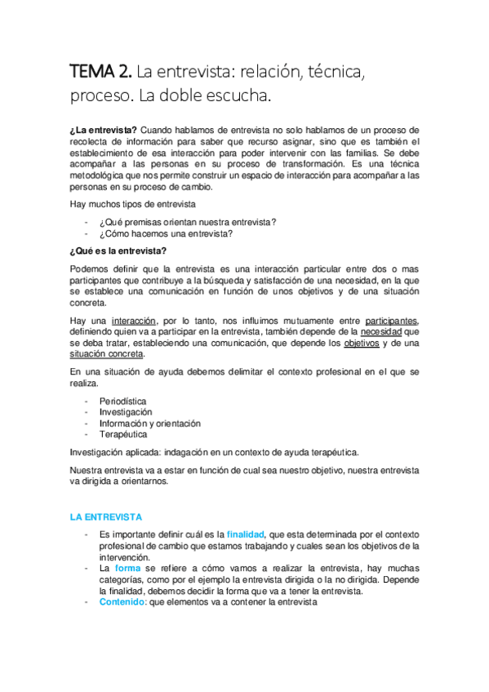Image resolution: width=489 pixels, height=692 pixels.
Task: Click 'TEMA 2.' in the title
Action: (98, 73)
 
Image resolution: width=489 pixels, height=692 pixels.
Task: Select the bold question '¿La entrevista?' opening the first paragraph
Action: (103, 130)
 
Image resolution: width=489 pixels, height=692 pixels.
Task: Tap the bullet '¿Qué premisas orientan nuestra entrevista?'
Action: (187, 223)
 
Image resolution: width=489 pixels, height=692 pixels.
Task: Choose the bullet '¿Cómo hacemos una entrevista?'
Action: (166, 234)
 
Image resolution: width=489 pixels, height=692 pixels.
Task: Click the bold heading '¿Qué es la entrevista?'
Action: (118, 251)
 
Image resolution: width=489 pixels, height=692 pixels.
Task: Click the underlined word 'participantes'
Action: (392, 322)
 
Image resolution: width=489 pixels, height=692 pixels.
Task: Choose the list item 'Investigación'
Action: (126, 413)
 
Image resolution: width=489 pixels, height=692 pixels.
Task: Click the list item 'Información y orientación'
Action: (149, 424)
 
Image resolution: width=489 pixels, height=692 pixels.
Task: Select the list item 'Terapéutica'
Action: (123, 434)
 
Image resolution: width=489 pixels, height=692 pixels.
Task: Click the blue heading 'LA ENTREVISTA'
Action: (106, 517)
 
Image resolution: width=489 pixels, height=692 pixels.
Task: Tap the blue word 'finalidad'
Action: (246, 534)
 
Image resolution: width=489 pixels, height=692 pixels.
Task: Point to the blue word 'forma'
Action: (128, 567)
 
